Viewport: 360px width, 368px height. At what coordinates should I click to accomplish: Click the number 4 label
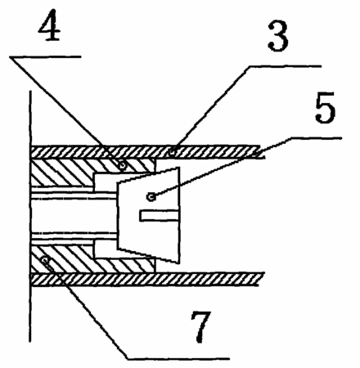(50, 25)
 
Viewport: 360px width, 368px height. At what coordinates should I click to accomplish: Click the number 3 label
(278, 36)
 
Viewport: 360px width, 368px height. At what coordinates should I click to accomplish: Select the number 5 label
(325, 107)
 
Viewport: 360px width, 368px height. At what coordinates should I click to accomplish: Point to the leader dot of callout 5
(151, 196)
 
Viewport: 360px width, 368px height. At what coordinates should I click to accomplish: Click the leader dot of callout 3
(173, 151)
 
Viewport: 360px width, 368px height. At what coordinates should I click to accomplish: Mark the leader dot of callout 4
(123, 164)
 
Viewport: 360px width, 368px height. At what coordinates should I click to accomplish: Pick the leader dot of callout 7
(45, 259)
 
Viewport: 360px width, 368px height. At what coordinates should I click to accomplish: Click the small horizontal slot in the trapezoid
(159, 215)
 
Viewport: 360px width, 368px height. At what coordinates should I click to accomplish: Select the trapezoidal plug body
(149, 215)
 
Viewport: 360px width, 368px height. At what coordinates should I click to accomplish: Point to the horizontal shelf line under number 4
(45, 57)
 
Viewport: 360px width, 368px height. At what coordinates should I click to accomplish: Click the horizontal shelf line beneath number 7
(178, 358)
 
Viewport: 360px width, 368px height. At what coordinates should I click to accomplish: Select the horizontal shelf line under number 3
(285, 65)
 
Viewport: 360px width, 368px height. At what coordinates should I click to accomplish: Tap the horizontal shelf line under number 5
(316, 138)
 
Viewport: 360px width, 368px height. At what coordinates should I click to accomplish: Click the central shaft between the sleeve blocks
(74, 215)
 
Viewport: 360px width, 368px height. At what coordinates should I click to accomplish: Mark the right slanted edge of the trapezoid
(179, 215)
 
